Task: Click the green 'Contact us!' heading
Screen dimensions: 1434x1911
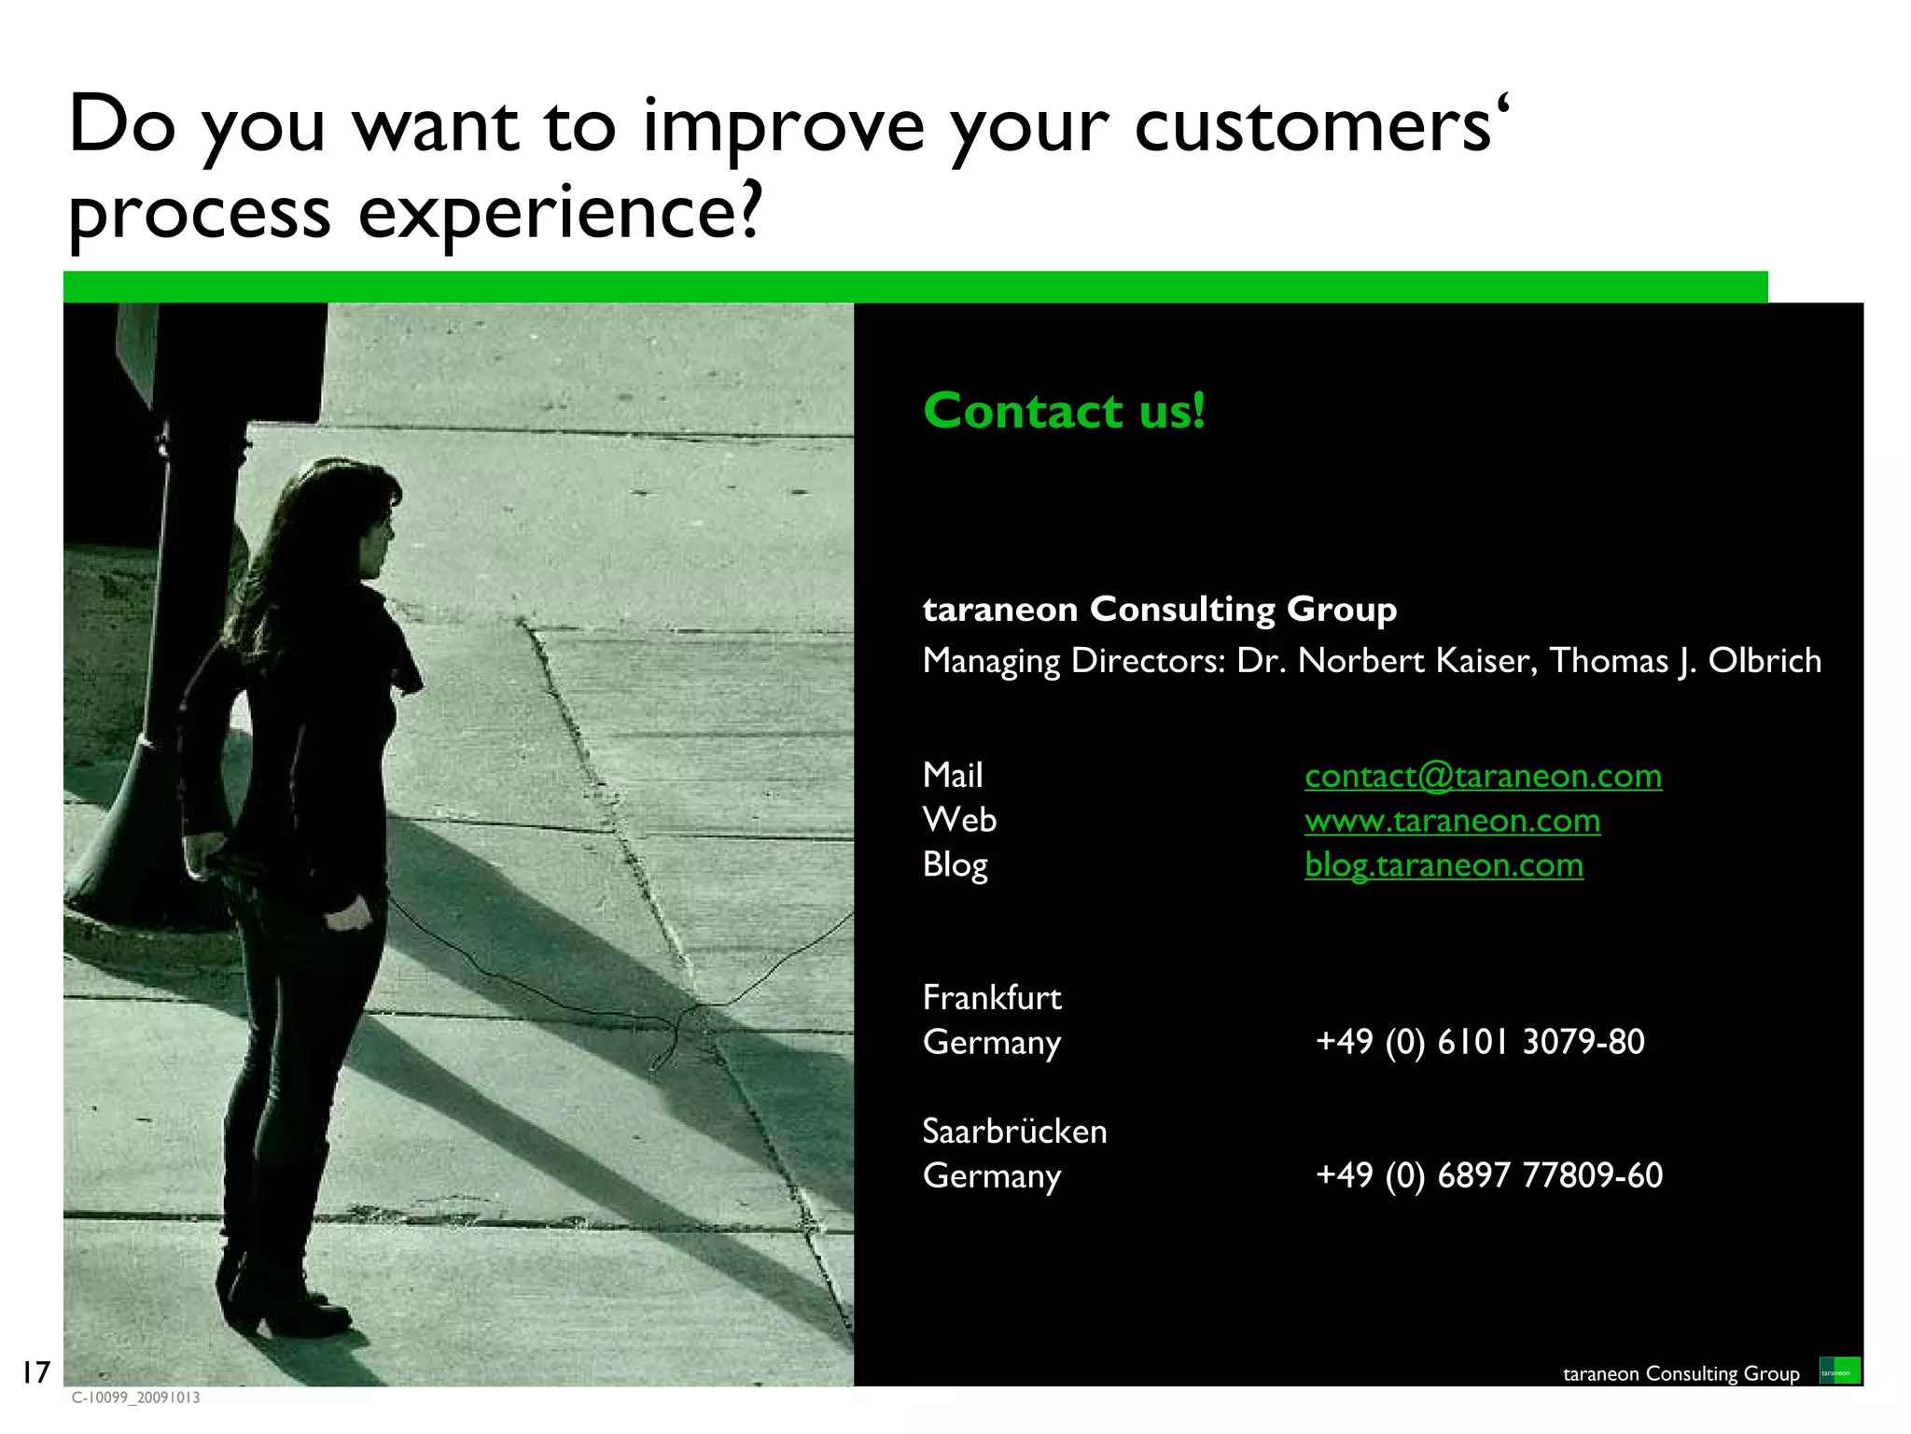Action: click(x=1064, y=411)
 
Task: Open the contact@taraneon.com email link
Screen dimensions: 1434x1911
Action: click(x=1483, y=776)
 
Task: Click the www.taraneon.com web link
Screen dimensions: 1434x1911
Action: click(x=1452, y=821)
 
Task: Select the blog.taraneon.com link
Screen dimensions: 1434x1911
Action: click(x=1444, y=865)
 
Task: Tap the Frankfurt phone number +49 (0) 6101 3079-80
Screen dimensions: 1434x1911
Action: click(x=1480, y=1042)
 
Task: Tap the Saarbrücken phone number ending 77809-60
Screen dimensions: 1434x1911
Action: click(x=1489, y=1175)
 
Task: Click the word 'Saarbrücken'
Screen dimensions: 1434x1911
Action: click(x=1014, y=1132)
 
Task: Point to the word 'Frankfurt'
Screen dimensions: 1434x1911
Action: click(x=992, y=998)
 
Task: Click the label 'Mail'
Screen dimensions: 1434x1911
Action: click(x=953, y=776)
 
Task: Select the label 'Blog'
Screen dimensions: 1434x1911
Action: click(x=955, y=865)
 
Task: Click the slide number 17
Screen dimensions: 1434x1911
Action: click(x=35, y=1372)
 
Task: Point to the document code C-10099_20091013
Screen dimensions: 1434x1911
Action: click(x=135, y=1398)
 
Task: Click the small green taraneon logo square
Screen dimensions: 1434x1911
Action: click(x=1839, y=1371)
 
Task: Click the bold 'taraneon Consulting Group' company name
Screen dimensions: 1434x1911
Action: click(x=1159, y=610)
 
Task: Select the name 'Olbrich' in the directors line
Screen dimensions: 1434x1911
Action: click(x=1764, y=661)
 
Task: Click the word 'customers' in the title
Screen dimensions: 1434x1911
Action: click(x=1313, y=126)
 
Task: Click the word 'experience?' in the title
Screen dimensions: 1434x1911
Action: click(x=560, y=213)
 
